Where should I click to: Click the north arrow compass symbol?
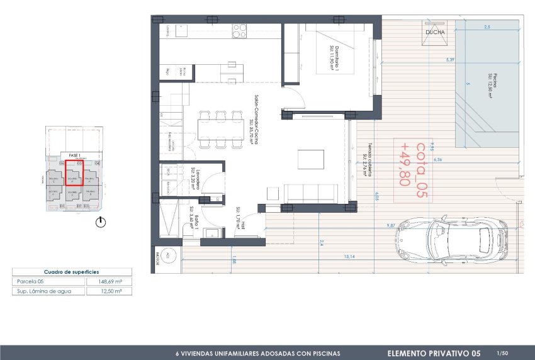100,222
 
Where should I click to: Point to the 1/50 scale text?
502,354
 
